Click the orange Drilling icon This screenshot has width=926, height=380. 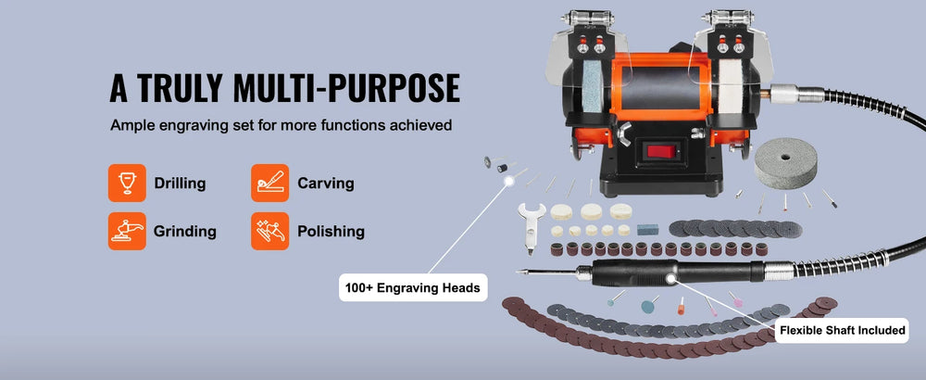point(127,183)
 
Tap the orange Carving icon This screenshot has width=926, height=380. point(269,183)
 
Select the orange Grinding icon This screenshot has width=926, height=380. point(127,231)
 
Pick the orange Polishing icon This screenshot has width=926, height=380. point(269,231)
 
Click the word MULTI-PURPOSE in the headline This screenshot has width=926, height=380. point(346,89)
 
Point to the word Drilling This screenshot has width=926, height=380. point(181,184)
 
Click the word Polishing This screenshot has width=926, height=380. point(331,231)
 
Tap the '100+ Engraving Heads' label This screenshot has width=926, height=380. point(413,288)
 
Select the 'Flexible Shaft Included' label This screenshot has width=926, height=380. point(843,330)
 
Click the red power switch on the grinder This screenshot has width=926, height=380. point(660,151)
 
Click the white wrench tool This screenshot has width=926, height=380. point(531,228)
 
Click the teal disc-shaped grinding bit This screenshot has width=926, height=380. point(650,306)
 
